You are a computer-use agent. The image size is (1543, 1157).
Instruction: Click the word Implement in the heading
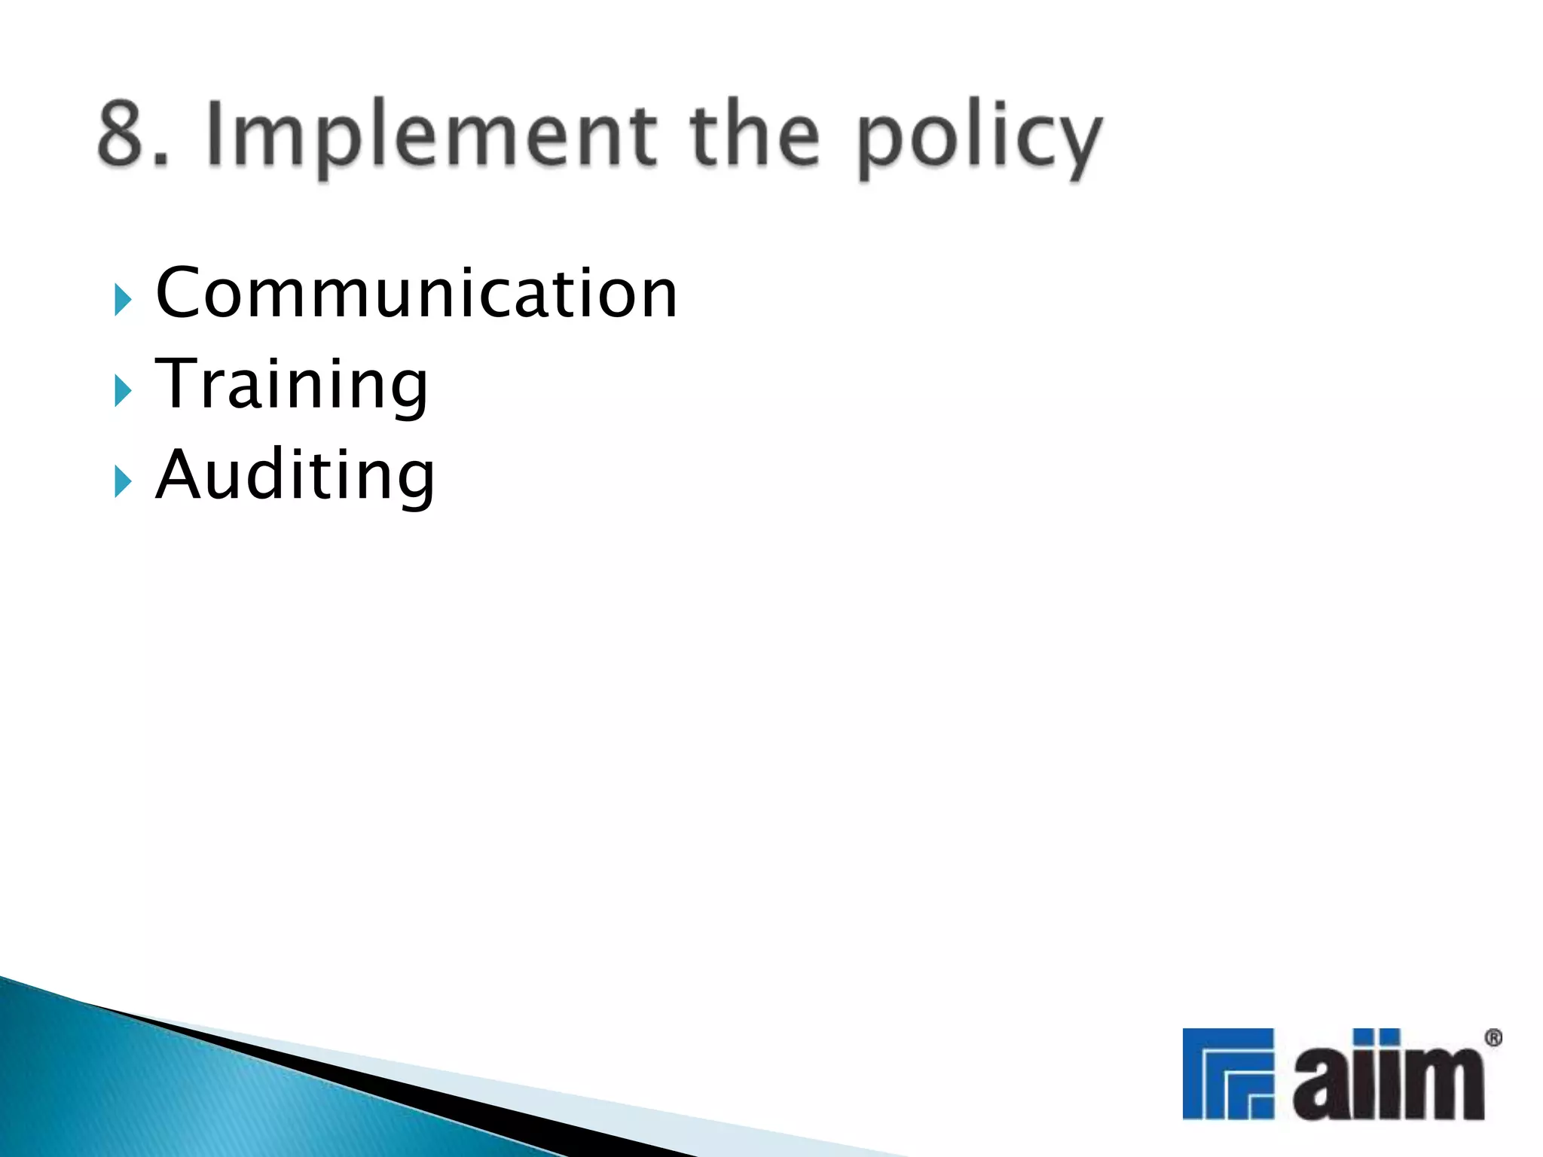pos(430,136)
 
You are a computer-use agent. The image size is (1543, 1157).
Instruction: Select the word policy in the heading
pos(979,139)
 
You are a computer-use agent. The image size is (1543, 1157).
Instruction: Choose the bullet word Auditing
pos(295,475)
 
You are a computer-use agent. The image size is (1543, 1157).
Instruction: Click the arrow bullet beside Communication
pos(123,300)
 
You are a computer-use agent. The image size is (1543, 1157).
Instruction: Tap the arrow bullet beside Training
pos(123,390)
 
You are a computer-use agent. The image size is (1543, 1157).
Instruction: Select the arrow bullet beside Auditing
pos(123,481)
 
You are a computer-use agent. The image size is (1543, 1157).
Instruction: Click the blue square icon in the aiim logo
pos(1227,1073)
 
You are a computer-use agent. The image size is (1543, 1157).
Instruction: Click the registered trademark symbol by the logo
pos(1493,1039)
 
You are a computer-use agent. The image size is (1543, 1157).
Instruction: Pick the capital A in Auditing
pos(179,474)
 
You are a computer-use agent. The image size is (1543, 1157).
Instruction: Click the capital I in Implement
pos(217,134)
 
